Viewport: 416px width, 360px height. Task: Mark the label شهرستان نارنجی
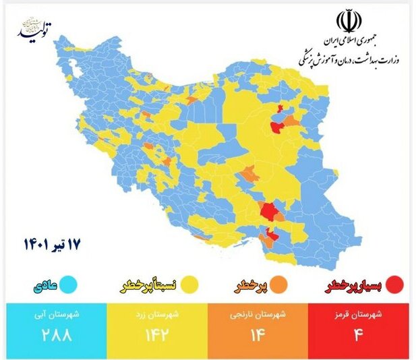coord(259,313)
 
